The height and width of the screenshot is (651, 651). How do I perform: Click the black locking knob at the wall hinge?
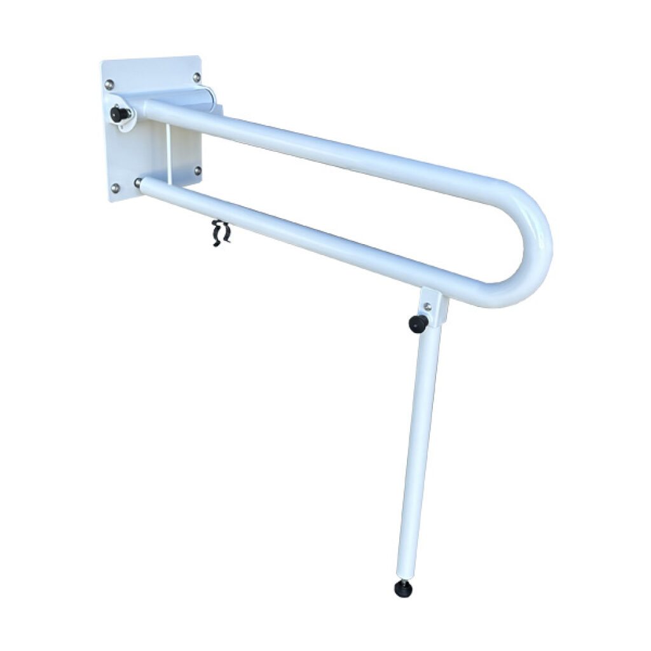(118, 114)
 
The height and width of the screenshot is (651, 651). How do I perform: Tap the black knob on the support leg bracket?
(418, 324)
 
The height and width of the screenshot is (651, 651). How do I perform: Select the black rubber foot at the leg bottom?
(402, 589)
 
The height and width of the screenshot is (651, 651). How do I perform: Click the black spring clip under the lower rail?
(221, 233)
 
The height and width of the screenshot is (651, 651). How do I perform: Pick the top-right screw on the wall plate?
(196, 77)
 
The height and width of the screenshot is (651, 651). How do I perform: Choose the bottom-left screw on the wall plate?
(114, 188)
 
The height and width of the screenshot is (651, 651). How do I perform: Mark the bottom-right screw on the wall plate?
(198, 170)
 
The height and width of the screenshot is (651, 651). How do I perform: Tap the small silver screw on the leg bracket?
(428, 306)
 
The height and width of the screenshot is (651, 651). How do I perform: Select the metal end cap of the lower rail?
(138, 183)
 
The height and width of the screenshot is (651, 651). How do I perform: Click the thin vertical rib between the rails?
(168, 153)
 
